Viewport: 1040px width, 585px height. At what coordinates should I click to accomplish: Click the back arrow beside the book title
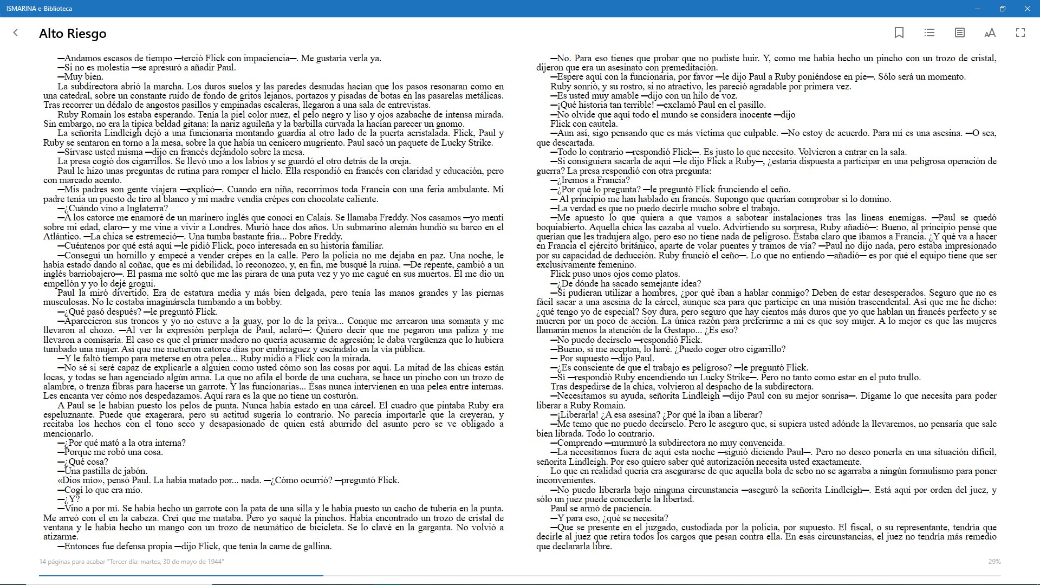point(16,33)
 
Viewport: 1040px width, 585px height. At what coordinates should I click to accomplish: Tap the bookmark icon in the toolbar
point(899,33)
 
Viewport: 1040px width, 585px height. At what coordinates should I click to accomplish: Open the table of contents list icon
point(929,33)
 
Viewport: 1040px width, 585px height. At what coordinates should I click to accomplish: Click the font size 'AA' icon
point(990,33)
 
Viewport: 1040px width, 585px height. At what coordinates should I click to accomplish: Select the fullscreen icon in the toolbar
point(1020,33)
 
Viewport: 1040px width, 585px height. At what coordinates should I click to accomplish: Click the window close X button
point(1028,9)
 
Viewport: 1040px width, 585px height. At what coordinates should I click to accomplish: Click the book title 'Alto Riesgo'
point(73,34)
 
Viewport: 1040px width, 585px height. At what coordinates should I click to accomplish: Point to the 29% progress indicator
point(994,562)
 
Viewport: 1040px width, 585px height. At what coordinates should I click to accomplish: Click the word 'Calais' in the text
point(319,218)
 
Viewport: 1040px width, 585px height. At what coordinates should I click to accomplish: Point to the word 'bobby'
point(268,302)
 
